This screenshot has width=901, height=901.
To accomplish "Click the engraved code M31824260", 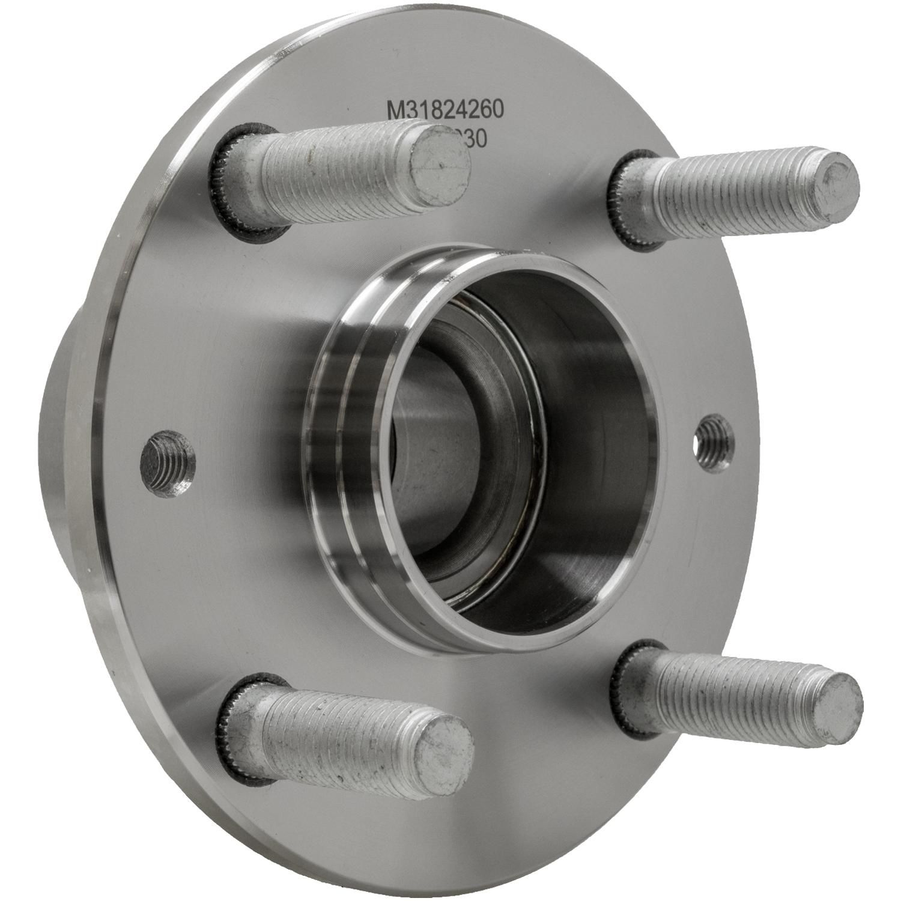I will point(444,110).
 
